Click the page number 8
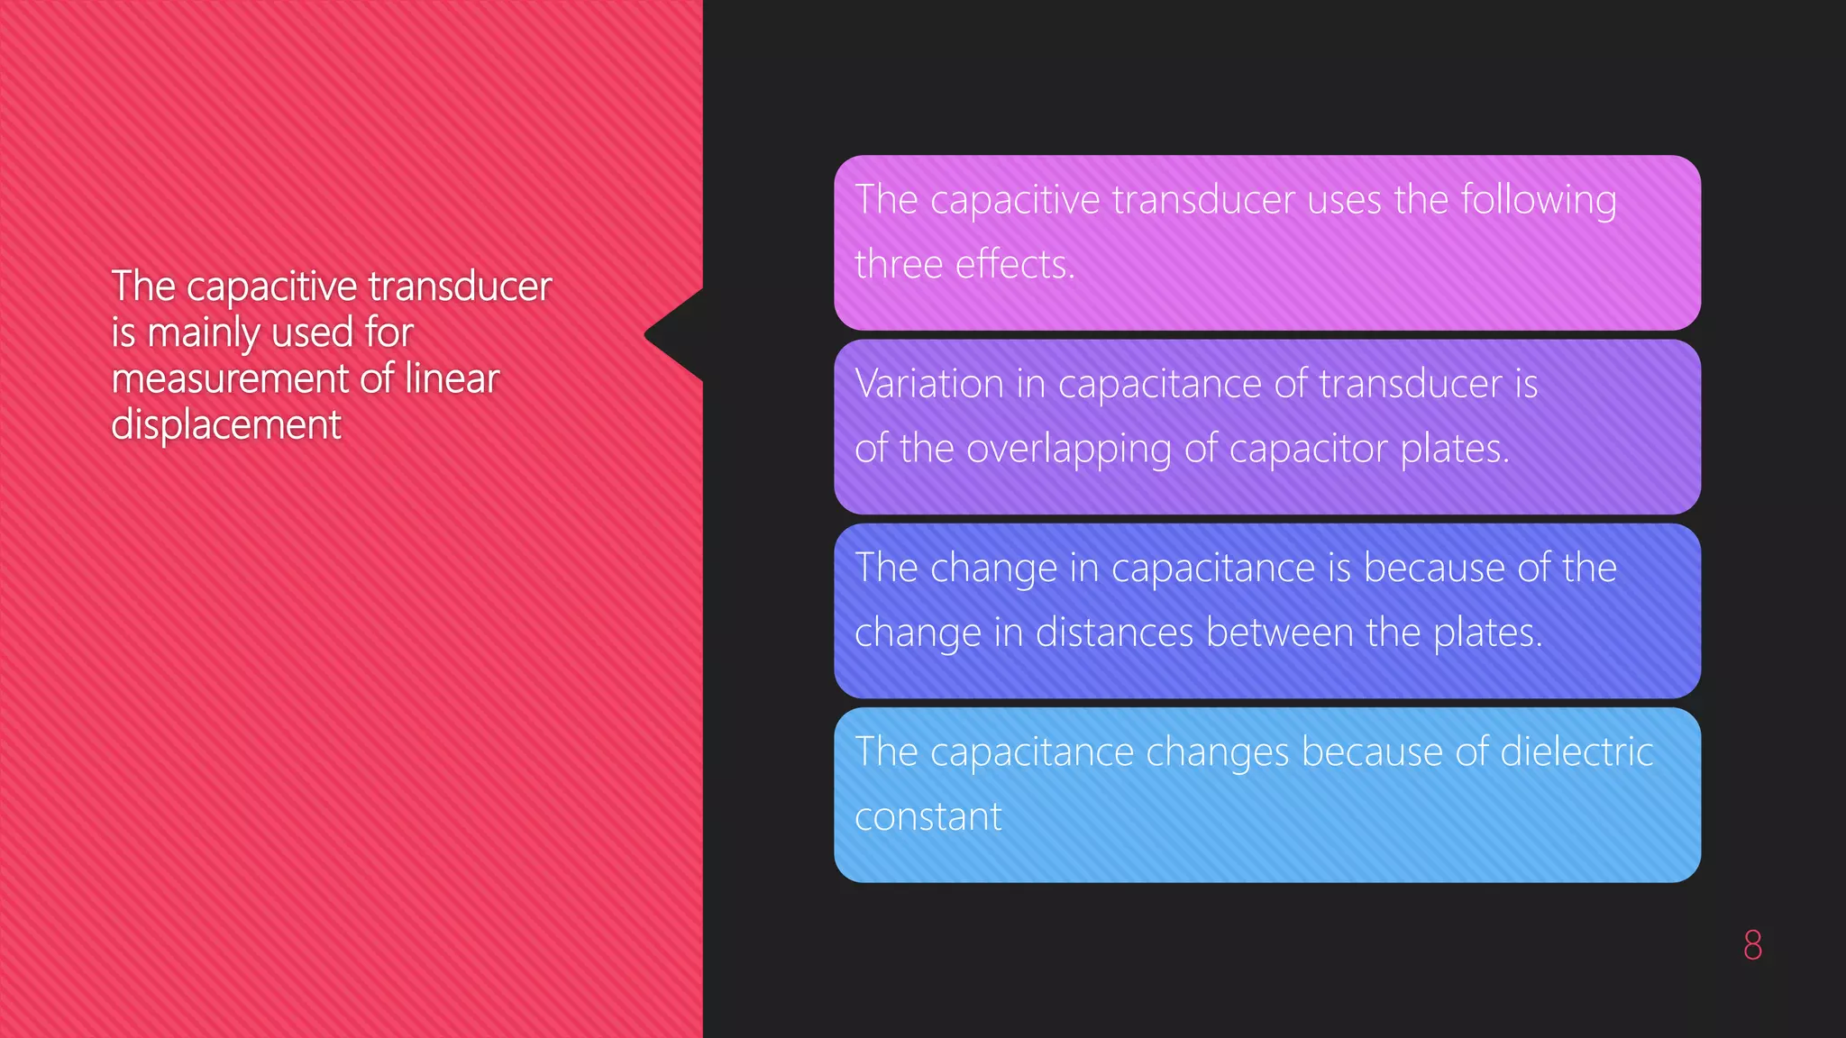pyautogui.click(x=1752, y=944)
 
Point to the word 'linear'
pyautogui.click(x=452, y=378)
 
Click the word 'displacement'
pyautogui.click(x=226, y=424)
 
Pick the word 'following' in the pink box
pyautogui.click(x=1538, y=200)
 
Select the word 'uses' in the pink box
pyautogui.click(x=1344, y=200)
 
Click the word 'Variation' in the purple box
pyautogui.click(x=929, y=384)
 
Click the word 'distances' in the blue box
pyautogui.click(x=1115, y=633)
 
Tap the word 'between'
pyautogui.click(x=1280, y=633)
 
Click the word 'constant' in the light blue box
pyautogui.click(x=928, y=817)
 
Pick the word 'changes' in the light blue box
pyautogui.click(x=1218, y=753)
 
